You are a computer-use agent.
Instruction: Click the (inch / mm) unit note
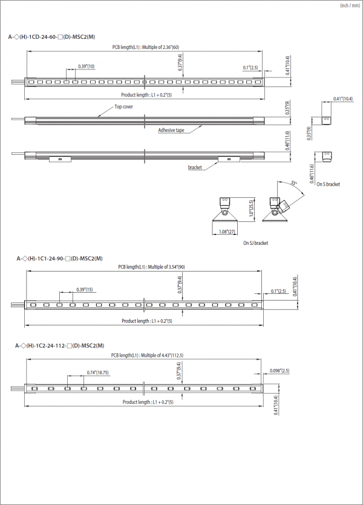348,5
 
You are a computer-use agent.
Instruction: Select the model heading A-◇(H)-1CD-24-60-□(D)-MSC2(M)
51,37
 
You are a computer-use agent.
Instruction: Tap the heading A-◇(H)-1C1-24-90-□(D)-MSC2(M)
59,258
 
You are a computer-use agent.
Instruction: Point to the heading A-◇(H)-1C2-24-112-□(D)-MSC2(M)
59,345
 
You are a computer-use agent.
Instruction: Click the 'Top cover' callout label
124,106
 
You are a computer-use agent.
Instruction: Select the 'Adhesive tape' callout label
171,130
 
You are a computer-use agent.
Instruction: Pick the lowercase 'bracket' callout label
195,167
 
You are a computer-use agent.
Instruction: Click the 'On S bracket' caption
328,184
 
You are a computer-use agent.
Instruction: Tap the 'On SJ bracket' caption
255,243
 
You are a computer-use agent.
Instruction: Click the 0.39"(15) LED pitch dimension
85,290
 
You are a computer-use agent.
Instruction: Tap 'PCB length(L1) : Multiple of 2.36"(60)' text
145,47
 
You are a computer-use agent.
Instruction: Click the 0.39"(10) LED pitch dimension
86,67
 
